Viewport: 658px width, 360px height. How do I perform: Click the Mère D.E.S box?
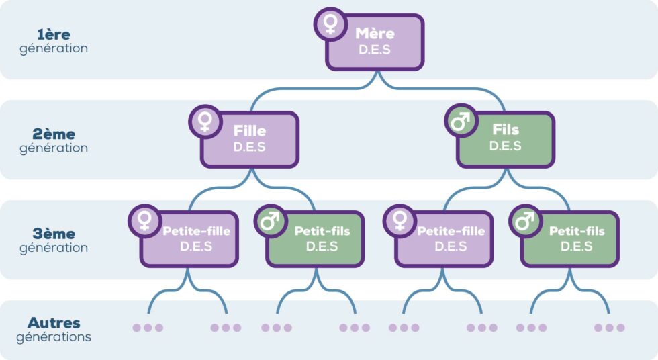coord(375,43)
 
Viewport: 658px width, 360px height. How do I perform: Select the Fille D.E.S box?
coord(250,140)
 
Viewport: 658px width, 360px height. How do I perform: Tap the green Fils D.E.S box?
coord(506,140)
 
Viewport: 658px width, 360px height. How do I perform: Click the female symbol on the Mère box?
coord(330,24)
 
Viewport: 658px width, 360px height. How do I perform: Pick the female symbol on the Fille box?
coord(205,122)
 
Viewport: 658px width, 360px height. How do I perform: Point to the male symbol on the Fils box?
coord(461,122)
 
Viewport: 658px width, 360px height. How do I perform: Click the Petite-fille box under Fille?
coord(190,239)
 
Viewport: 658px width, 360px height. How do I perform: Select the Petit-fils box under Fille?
coord(316,239)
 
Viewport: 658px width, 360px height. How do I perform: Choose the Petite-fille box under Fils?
coord(444,239)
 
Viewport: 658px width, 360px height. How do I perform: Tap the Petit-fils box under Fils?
coord(571,239)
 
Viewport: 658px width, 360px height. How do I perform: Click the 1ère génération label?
coord(54,41)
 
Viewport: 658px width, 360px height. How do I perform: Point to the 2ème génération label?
coord(54,141)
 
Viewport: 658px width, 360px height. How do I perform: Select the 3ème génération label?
coord(54,240)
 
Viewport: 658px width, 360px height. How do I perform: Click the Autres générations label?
coord(54,330)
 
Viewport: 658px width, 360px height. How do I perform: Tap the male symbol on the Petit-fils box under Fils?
coord(525,220)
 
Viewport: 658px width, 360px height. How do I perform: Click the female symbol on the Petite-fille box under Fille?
coord(144,220)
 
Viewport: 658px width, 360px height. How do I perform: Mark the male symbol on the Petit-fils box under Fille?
coord(270,220)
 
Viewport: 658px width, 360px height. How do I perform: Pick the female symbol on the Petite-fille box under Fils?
coord(399,220)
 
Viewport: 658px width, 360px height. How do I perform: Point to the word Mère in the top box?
coord(375,34)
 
